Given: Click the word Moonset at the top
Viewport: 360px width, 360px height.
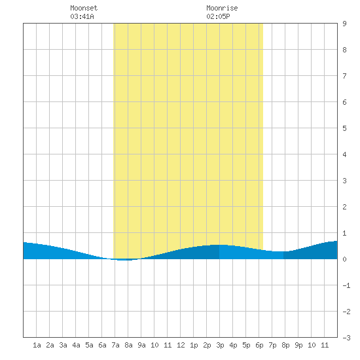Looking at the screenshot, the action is coord(84,8).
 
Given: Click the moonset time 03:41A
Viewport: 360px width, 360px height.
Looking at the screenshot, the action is coord(82,16).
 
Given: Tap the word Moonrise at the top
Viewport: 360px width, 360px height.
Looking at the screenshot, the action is coord(222,8).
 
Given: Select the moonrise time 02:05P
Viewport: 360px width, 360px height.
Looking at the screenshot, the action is coord(218,16).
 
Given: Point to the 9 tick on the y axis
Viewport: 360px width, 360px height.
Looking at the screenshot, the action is coord(344,24).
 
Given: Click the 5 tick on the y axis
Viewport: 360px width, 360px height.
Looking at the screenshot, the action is coord(344,128).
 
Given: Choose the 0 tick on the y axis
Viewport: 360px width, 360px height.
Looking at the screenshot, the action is coord(344,259).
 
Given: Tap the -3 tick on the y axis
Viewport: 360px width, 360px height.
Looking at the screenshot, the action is coord(346,338).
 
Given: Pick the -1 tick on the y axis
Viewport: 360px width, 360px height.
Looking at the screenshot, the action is coord(346,285).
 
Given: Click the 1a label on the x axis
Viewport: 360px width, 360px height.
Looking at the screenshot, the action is coord(37,345).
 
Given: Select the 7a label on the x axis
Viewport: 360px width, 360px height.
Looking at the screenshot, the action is coord(115,345).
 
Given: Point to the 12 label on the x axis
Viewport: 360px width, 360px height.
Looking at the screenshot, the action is coord(181,345).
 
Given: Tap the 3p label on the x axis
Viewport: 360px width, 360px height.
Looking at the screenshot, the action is coord(220,345).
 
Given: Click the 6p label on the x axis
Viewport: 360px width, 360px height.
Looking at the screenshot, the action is coord(259,345).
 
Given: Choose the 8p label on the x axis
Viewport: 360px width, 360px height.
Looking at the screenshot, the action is coord(285,345).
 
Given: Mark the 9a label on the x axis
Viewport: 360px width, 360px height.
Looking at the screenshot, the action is coord(141,345).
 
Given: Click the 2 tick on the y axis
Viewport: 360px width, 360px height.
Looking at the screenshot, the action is coord(344,207).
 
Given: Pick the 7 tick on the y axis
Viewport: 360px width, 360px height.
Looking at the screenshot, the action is coord(344,76).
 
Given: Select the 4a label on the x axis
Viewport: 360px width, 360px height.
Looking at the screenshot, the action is coord(76,345).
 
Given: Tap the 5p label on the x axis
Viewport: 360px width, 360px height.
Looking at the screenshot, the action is coord(246,345).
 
